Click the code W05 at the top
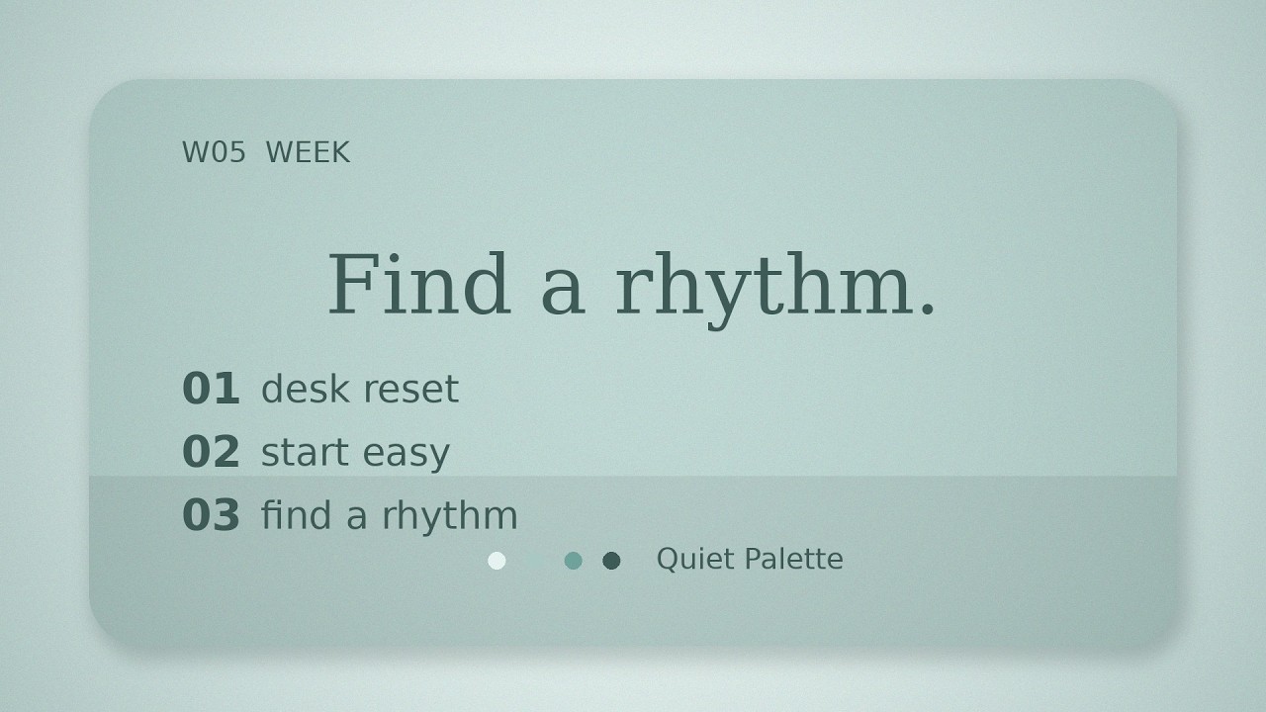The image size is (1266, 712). (x=214, y=152)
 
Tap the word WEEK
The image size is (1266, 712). (x=308, y=152)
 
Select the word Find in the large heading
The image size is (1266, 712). (x=418, y=284)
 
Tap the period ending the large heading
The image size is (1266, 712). (x=927, y=308)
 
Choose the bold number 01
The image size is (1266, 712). (x=211, y=389)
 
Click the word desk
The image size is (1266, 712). (x=306, y=389)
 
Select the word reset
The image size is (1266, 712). (x=411, y=390)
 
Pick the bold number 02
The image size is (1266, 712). (x=211, y=452)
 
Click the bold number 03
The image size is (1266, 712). (x=211, y=515)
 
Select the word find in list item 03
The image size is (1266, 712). (x=296, y=515)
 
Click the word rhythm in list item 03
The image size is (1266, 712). (x=450, y=517)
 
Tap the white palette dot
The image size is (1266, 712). (x=497, y=561)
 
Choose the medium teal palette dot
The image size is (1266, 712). (x=573, y=561)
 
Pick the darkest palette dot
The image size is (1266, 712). (x=611, y=561)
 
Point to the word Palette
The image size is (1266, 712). (x=794, y=559)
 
